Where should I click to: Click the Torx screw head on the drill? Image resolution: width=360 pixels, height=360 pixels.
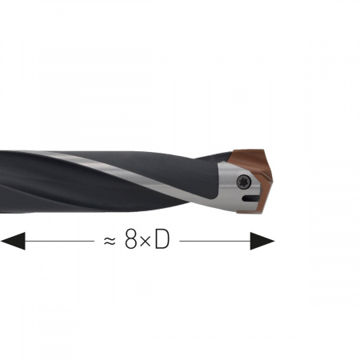244,182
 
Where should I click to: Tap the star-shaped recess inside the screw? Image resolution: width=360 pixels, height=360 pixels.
244,182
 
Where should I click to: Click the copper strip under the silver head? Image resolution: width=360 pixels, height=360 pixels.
250,212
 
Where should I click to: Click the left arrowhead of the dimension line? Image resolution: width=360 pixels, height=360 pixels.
13,241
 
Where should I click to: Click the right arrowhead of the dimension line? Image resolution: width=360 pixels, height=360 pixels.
262,241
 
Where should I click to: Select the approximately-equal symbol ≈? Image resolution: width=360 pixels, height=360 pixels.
110,242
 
